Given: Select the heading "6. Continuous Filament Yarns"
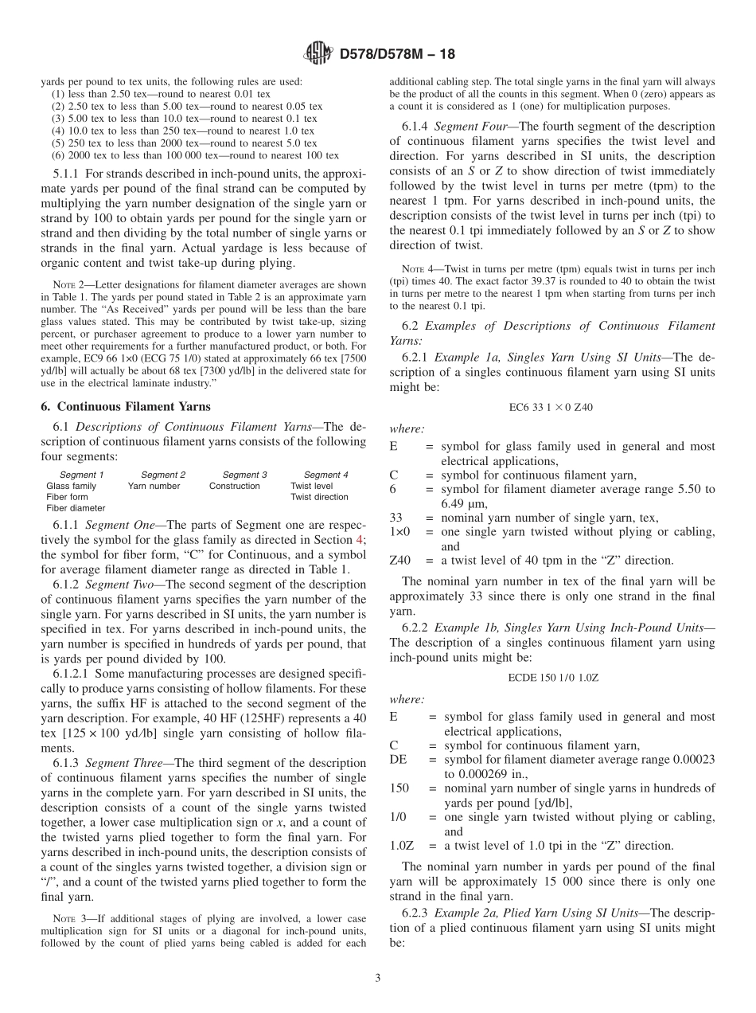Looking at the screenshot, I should tap(126, 407).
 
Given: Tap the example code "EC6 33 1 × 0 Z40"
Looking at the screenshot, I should tap(551, 407).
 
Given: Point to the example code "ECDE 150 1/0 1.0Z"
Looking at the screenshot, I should tap(551, 678).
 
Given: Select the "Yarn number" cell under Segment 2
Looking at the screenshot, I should tap(154, 486).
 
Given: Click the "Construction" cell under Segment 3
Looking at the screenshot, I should tap(234, 486).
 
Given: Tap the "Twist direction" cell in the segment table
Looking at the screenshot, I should tap(319, 497).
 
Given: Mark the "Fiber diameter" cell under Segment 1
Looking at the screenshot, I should tap(76, 508).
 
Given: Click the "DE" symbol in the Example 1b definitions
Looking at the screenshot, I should tap(397, 760).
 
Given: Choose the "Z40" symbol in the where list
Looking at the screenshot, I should tap(400, 561).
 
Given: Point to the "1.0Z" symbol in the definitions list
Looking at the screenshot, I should tap(403, 846).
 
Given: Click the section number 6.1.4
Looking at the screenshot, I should tap(417, 127).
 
